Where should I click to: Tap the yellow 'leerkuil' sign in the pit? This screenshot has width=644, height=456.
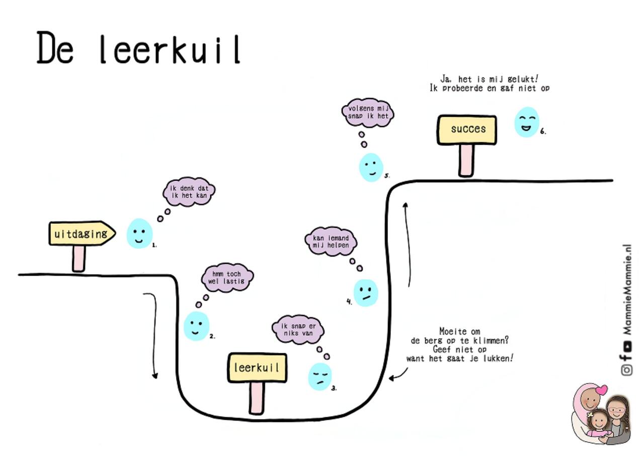tap(257, 367)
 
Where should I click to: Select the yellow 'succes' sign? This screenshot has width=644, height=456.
tap(467, 129)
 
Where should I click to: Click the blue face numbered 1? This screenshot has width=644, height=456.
tap(139, 233)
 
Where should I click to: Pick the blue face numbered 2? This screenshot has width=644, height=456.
tap(196, 325)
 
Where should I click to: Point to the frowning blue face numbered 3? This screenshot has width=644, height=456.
tap(320, 376)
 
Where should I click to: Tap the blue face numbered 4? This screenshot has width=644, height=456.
tap(366, 293)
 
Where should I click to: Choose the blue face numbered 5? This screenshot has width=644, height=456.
tap(371, 167)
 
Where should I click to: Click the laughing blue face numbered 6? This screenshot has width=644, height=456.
tap(526, 122)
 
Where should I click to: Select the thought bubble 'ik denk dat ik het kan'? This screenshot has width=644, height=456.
tap(189, 192)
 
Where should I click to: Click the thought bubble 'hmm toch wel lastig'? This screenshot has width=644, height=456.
tap(227, 278)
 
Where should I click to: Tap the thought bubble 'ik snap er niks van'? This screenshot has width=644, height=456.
tap(298, 330)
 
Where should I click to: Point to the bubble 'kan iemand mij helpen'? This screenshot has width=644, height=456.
tap(331, 241)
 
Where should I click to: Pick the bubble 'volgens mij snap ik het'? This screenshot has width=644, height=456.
tap(368, 112)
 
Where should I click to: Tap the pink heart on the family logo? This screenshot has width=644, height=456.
tap(601, 389)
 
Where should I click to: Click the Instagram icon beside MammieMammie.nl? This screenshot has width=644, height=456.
tap(627, 370)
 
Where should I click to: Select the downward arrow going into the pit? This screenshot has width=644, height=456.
tap(152, 335)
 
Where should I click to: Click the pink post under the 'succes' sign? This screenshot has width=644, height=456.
tap(466, 160)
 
